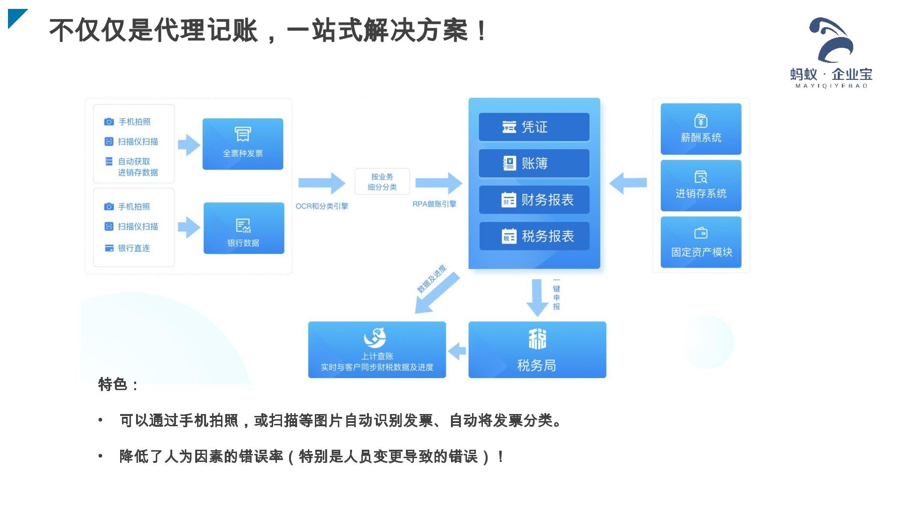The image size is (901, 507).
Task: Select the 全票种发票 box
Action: tap(243, 144)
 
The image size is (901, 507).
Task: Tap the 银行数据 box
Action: tap(244, 228)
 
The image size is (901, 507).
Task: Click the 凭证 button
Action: tap(534, 127)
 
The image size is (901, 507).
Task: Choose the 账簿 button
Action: tap(534, 163)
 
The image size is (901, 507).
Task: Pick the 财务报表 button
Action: tap(534, 200)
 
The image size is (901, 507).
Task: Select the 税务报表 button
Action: tap(534, 236)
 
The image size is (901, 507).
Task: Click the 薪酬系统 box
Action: tap(701, 129)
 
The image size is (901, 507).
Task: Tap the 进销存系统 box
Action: tap(701, 185)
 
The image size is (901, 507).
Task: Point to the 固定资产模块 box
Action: tap(701, 242)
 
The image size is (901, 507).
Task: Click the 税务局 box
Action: tap(537, 350)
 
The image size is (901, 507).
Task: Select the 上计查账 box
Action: tap(377, 350)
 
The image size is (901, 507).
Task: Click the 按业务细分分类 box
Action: tap(382, 182)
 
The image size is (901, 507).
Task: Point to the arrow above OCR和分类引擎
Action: tap(322, 183)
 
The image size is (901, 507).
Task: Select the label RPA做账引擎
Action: tap(434, 204)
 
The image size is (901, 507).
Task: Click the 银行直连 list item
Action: tap(134, 248)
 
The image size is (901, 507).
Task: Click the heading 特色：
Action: tap(118, 384)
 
